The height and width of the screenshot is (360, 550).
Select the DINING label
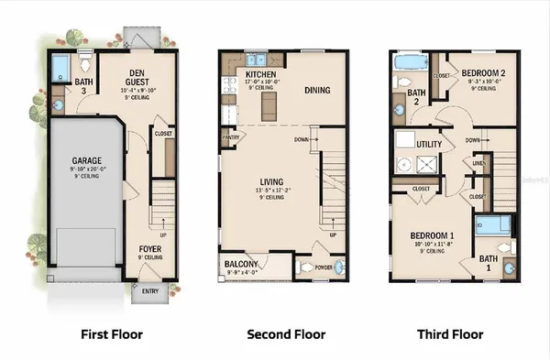[318, 90]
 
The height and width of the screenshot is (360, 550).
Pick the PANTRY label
[230, 138]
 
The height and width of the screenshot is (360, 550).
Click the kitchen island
[269, 107]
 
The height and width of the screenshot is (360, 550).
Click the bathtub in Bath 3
[60, 66]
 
